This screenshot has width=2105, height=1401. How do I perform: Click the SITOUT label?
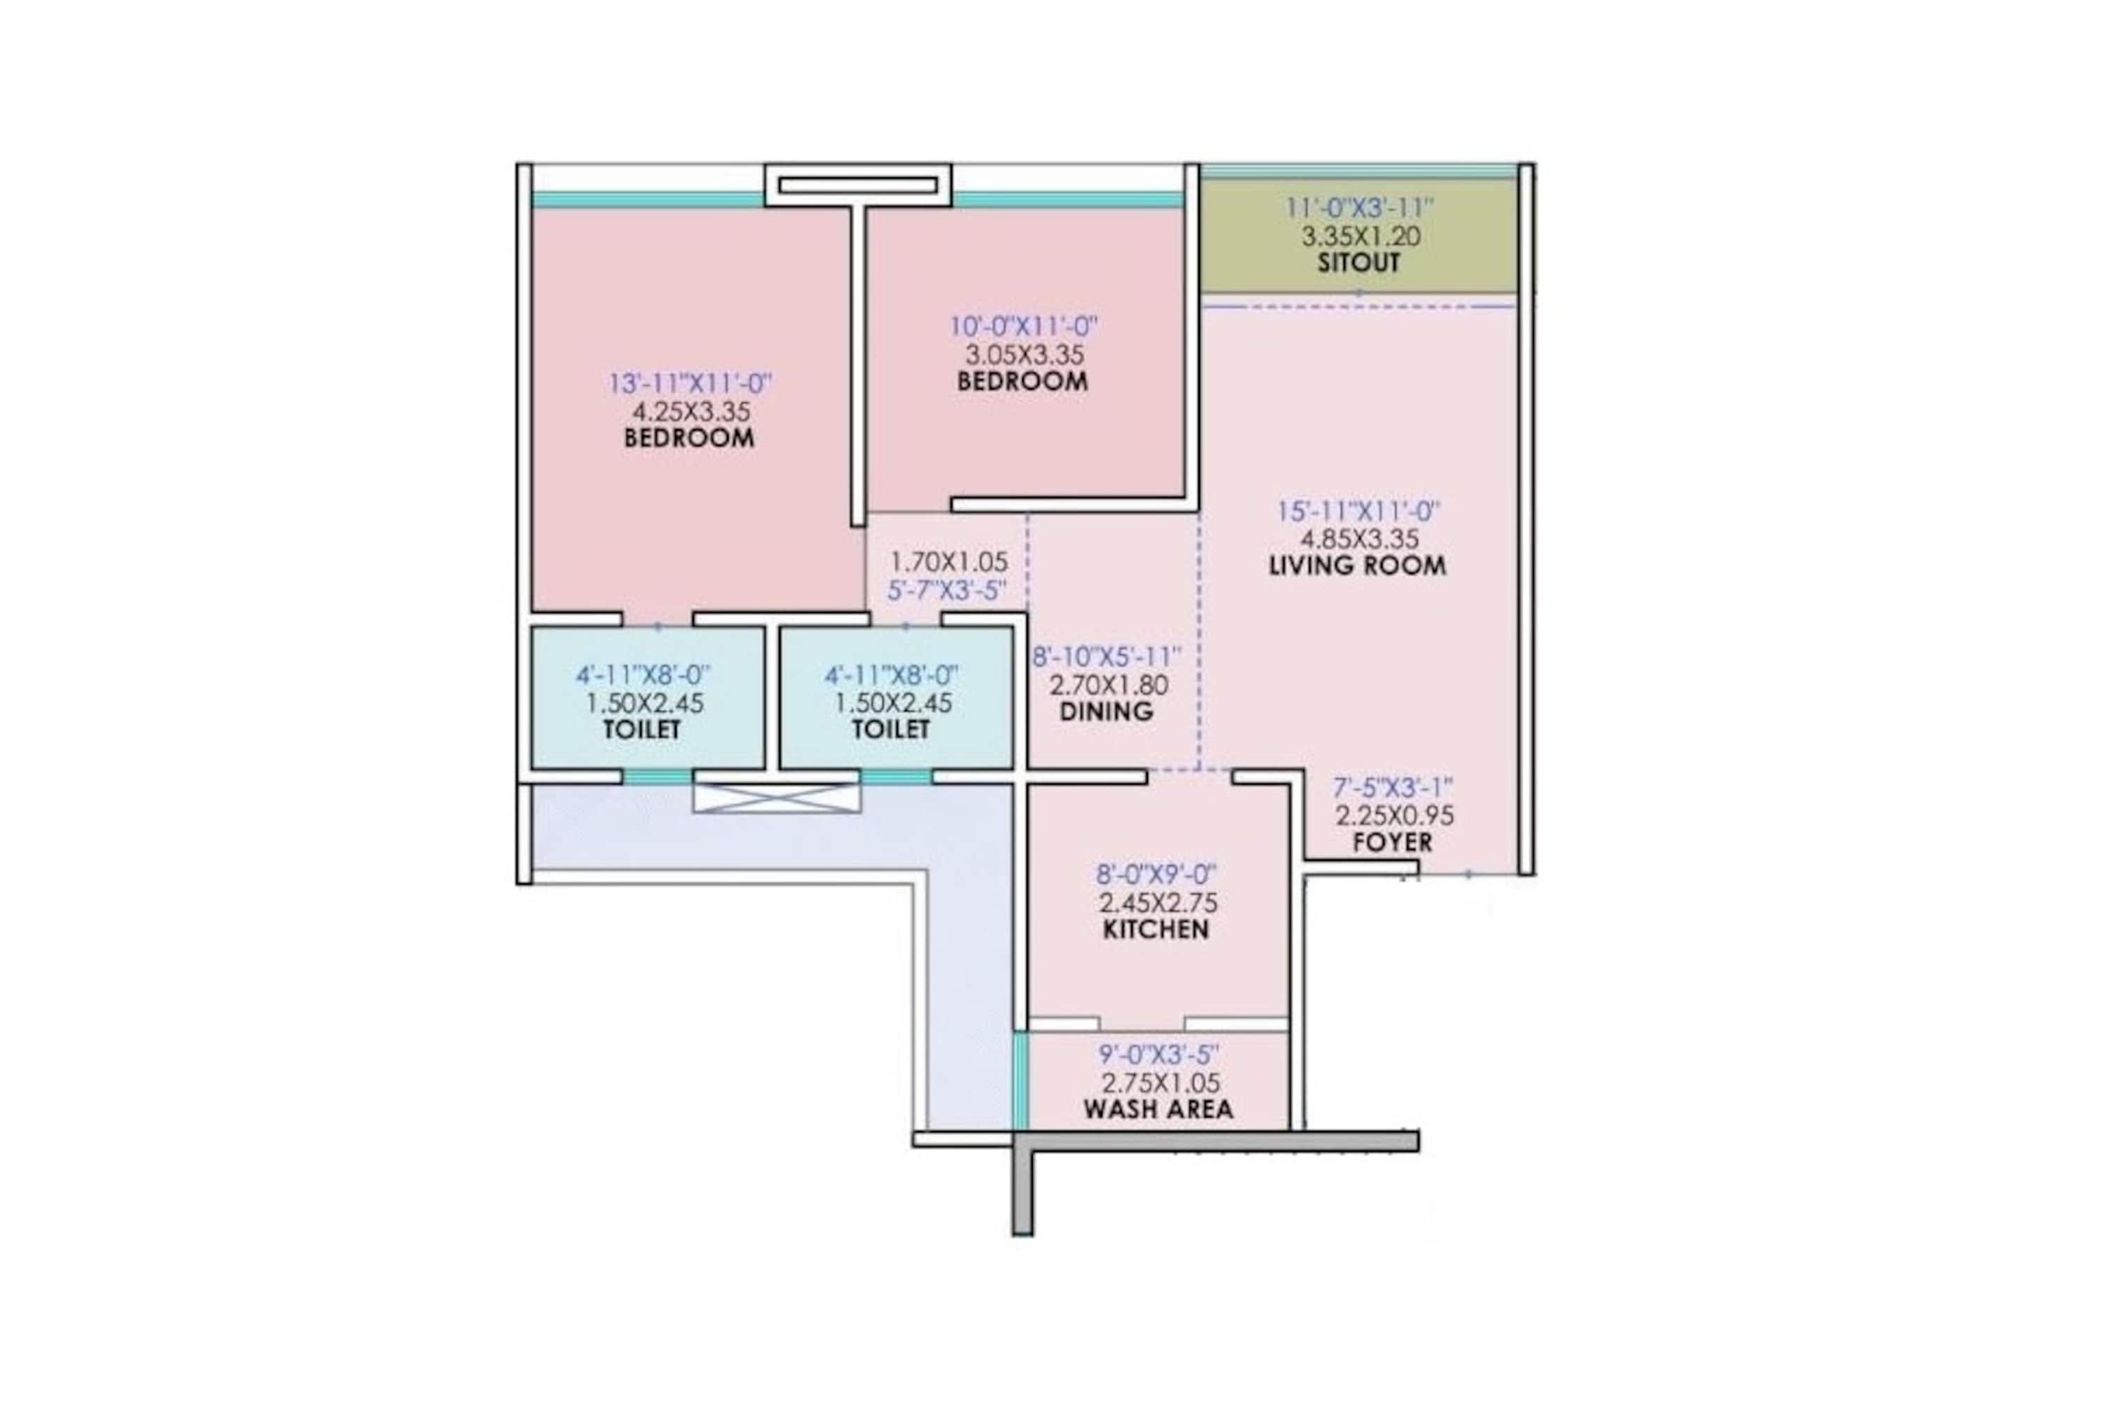pos(1358,262)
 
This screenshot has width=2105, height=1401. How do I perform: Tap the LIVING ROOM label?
pos(1357,565)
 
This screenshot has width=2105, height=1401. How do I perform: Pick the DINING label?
pos(1106,712)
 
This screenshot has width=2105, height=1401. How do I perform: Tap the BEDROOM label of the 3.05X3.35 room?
pos(1023,382)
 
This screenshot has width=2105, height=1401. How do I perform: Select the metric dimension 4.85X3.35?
pos(1359,539)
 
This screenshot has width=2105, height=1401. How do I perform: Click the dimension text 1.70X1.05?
pos(949,562)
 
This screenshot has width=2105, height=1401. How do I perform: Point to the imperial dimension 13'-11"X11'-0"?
pos(690,383)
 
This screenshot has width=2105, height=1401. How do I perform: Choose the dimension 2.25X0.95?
pos(1395,816)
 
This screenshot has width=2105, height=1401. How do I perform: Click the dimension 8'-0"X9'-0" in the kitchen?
pos(1156,875)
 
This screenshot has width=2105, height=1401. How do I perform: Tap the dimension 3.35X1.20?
pos(1361,237)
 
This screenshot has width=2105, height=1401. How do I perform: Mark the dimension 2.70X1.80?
pos(1109,685)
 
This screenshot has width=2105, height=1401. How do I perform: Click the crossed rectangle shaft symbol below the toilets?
pos(777,798)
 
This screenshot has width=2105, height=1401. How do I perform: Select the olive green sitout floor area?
pos(1358,236)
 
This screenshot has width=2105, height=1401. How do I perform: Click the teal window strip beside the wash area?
pos(1020,1081)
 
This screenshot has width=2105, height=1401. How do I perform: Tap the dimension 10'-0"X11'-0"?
pos(1024,326)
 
